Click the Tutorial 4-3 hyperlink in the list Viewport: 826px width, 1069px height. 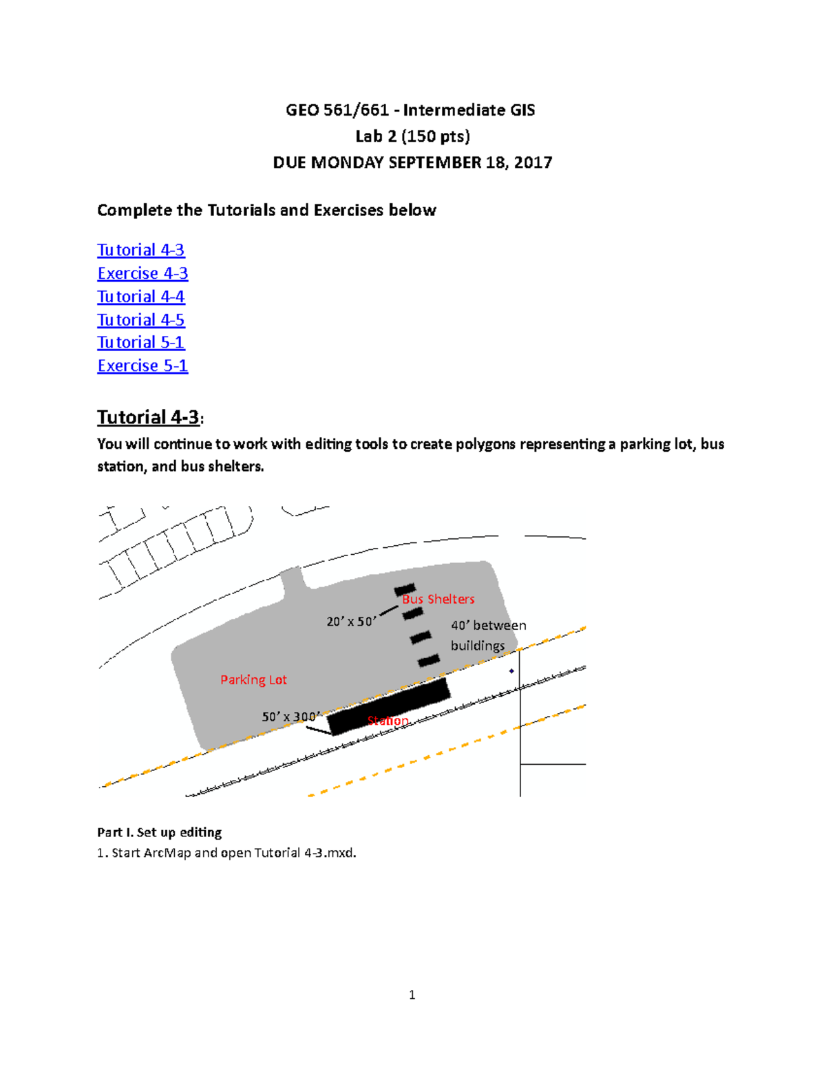pos(141,250)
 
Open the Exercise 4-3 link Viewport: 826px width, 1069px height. pos(142,273)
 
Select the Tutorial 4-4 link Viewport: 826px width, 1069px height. pos(141,297)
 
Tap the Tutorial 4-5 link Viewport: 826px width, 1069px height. pos(141,320)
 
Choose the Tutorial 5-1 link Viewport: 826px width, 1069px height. pos(141,343)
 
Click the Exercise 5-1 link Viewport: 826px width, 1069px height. pos(142,366)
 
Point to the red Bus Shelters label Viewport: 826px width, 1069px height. pos(438,599)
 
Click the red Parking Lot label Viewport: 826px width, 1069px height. pos(253,680)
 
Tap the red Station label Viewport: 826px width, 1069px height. pos(388,721)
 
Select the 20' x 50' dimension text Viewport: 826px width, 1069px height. pos(351,622)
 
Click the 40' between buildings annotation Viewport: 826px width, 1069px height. pos(487,635)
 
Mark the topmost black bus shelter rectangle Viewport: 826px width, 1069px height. pos(405,590)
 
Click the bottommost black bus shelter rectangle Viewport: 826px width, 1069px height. pos(429,661)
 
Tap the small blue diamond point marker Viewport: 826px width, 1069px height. pos(511,670)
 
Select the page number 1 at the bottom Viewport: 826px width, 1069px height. pos(412,995)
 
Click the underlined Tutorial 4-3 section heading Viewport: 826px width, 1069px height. pos(149,417)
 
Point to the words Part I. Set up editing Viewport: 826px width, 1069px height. pos(159,832)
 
